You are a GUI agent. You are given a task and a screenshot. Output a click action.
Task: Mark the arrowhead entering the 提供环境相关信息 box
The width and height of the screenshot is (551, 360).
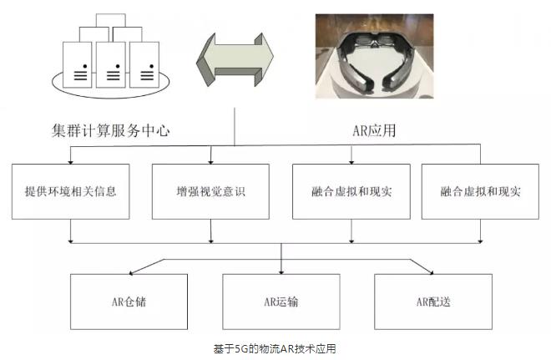(71, 160)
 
